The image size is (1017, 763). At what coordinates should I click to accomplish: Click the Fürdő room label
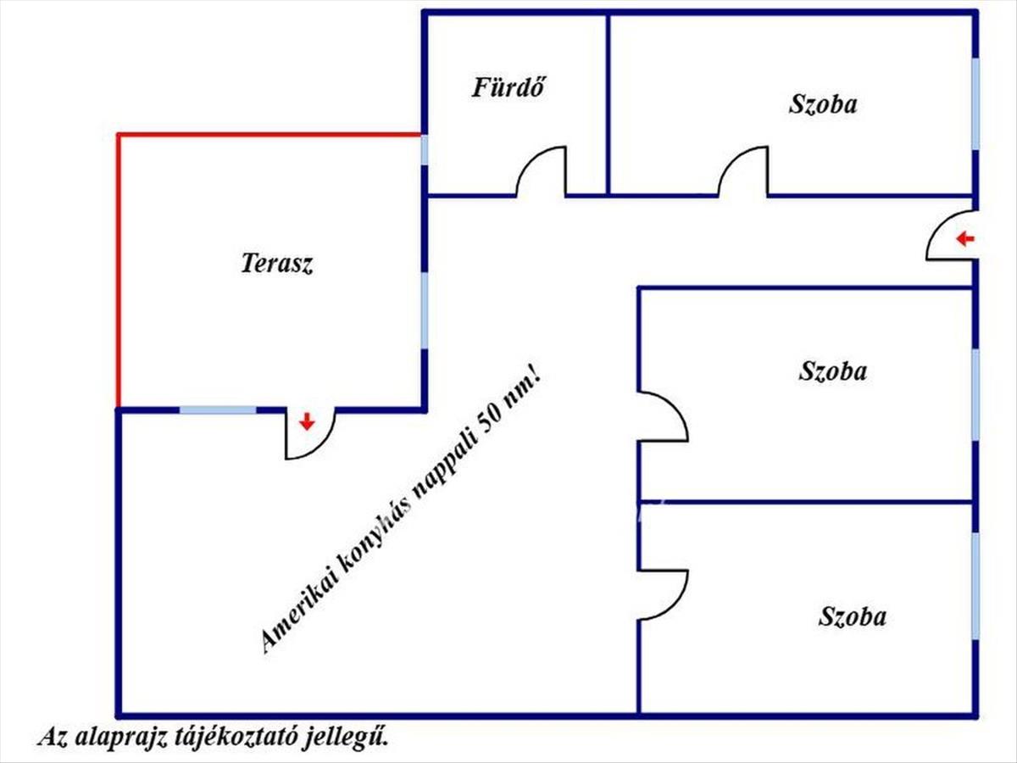[508, 87]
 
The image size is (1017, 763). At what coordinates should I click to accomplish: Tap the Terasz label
[277, 264]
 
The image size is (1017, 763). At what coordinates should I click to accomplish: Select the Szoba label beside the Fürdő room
[822, 104]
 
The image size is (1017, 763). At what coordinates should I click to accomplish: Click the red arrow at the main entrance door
[964, 240]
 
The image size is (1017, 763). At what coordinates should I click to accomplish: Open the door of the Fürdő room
[542, 172]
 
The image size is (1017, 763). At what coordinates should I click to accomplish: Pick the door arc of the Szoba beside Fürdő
[744, 172]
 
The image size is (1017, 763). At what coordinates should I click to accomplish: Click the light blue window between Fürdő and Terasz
[424, 150]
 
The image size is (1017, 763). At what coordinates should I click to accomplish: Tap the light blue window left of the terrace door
[218, 410]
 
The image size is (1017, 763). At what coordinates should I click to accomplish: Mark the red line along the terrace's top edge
[270, 134]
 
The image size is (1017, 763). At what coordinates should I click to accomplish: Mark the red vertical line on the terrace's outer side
[118, 271]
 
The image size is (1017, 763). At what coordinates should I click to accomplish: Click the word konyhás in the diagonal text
[375, 536]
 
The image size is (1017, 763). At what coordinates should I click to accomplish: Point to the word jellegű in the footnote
[356, 738]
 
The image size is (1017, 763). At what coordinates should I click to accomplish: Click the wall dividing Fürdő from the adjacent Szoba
[608, 102]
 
